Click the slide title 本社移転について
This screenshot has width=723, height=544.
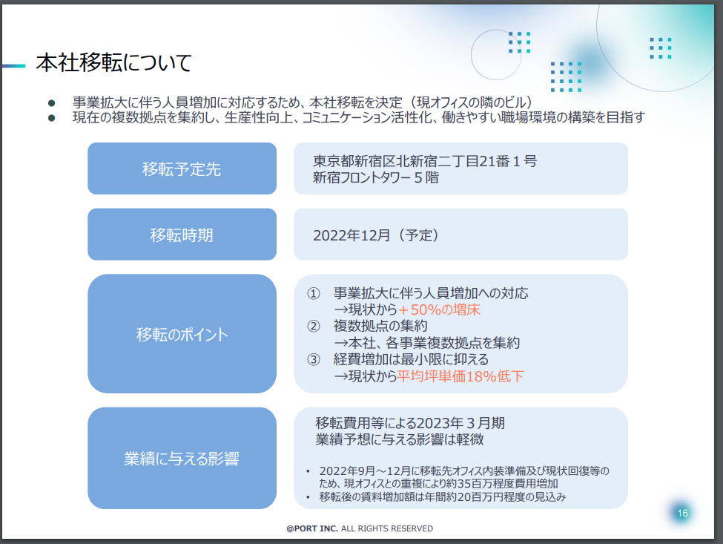(114, 63)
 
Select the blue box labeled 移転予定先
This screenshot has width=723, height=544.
(182, 168)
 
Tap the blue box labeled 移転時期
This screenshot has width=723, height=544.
(182, 235)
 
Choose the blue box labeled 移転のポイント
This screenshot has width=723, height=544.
(182, 333)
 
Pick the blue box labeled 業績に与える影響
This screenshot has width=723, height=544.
(182, 458)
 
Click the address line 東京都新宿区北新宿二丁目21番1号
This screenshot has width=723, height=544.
(425, 161)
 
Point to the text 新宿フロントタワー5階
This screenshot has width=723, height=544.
(376, 177)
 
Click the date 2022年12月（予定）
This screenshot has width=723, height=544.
(376, 235)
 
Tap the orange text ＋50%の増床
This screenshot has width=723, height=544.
(439, 309)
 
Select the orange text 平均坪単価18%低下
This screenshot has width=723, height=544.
(460, 376)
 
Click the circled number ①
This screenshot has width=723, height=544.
(314, 293)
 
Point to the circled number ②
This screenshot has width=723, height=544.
(314, 327)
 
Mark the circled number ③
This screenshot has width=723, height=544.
(314, 359)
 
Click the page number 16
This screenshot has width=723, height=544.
(682, 513)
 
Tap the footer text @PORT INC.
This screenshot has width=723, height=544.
(312, 528)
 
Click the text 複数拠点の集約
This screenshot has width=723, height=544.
(380, 327)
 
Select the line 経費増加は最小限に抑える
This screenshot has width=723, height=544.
(411, 359)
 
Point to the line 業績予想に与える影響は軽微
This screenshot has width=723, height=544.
(399, 439)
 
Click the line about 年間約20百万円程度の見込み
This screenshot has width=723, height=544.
(442, 497)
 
